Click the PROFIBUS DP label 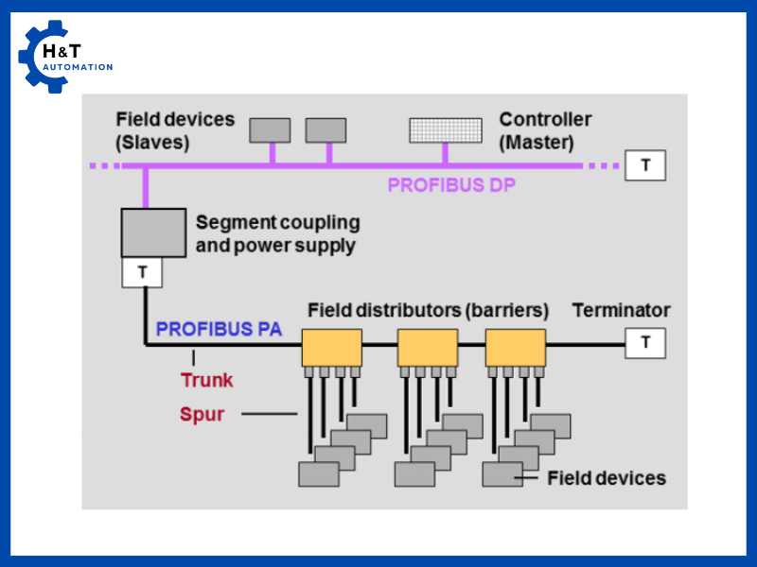pyautogui.click(x=451, y=185)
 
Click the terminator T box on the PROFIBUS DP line pyautogui.click(x=645, y=165)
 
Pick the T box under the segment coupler pyautogui.click(x=142, y=273)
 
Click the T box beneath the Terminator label pyautogui.click(x=645, y=342)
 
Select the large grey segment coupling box pyautogui.click(x=152, y=232)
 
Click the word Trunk pyautogui.click(x=206, y=380)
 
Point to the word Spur pyautogui.click(x=202, y=414)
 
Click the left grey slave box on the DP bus pyautogui.click(x=270, y=130)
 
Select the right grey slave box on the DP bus pyautogui.click(x=326, y=130)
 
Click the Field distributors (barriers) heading pyautogui.click(x=428, y=310)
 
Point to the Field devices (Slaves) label pyautogui.click(x=175, y=131)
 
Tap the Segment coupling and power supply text pyautogui.click(x=276, y=234)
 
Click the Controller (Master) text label pyautogui.click(x=545, y=131)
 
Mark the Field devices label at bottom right pyautogui.click(x=607, y=478)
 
